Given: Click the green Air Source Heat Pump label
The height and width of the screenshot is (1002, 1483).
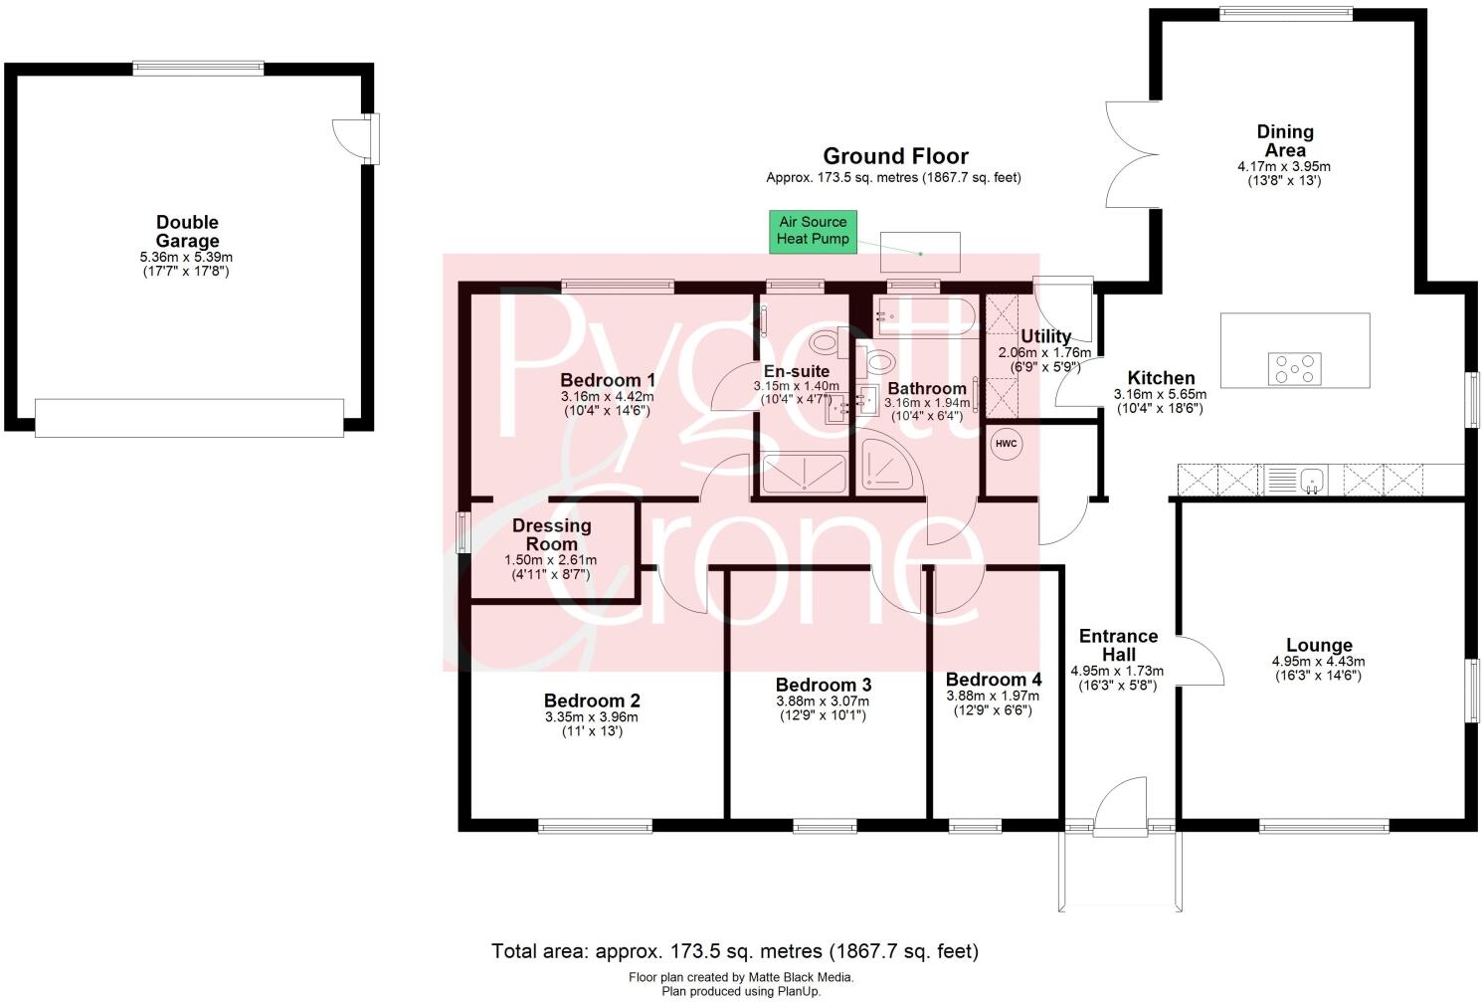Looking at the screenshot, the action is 813,231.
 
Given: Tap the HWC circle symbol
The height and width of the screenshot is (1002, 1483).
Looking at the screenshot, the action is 1006,444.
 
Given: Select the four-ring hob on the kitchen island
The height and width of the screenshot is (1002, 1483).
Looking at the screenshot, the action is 1294,369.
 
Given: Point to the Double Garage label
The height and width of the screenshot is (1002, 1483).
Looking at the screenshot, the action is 187,232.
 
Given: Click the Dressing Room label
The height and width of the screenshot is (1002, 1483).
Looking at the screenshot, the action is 552,534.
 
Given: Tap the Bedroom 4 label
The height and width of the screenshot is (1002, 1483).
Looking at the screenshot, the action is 994,680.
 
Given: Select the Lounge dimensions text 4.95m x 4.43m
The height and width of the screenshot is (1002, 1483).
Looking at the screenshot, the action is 1318,662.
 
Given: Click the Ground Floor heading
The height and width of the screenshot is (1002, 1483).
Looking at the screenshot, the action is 895,156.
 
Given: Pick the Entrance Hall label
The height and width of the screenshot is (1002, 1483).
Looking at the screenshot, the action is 1118,645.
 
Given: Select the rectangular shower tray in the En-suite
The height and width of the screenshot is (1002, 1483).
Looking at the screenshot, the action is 804,474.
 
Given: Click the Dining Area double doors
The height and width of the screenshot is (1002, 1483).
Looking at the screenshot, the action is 1132,154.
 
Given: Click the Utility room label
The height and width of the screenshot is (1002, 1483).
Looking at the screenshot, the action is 1045,336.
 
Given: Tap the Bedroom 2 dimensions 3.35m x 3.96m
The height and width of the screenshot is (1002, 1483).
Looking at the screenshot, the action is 591,717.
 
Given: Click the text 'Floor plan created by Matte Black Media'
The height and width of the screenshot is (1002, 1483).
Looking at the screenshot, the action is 741,977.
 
